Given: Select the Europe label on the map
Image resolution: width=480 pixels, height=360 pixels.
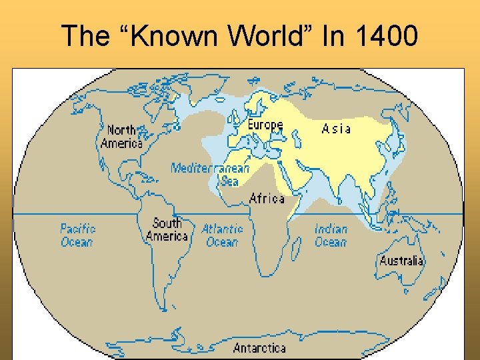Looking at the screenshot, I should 265,125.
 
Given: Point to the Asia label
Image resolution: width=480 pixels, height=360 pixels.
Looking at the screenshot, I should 336,128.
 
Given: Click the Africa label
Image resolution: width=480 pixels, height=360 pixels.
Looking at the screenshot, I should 267,198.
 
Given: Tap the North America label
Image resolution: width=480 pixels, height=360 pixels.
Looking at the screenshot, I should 122,137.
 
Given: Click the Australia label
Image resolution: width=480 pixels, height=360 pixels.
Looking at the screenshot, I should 401,261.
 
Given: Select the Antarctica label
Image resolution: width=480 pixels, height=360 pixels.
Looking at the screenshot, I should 259,347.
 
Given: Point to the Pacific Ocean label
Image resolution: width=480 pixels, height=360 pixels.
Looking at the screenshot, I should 78,235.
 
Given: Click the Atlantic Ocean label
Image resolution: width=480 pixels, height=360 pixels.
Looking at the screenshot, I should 222,235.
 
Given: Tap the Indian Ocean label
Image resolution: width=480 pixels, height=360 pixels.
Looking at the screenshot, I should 331,235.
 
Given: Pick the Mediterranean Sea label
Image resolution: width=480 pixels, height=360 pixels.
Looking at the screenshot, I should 210,173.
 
